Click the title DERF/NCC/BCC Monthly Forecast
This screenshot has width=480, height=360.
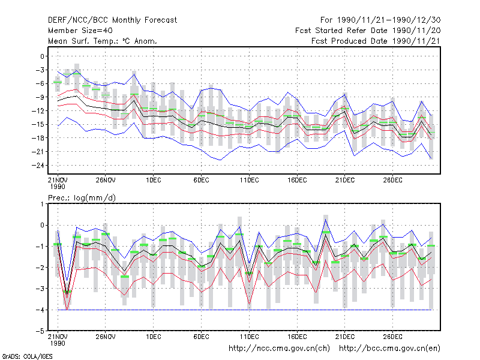[112, 20]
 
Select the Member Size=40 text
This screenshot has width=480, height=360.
[80, 31]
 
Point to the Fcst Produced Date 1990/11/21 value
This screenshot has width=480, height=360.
[376, 41]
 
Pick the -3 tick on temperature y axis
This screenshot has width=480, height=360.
[38, 70]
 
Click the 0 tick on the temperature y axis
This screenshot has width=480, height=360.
[42, 56]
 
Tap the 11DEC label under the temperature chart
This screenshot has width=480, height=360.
[249, 181]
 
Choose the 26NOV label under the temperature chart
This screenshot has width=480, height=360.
[106, 181]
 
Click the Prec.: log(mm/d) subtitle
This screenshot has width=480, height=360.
[82, 198]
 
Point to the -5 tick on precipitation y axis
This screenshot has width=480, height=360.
[40, 331]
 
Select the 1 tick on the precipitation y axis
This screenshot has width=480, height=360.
[42, 204]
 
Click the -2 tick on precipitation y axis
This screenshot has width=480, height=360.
[40, 268]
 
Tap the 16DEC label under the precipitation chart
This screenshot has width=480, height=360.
[297, 337]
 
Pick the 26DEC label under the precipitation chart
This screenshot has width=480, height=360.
[393, 337]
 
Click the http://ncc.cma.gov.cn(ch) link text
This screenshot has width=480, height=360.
[279, 349]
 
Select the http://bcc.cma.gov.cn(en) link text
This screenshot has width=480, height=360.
[389, 349]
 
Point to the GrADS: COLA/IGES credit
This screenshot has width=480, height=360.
[27, 356]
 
